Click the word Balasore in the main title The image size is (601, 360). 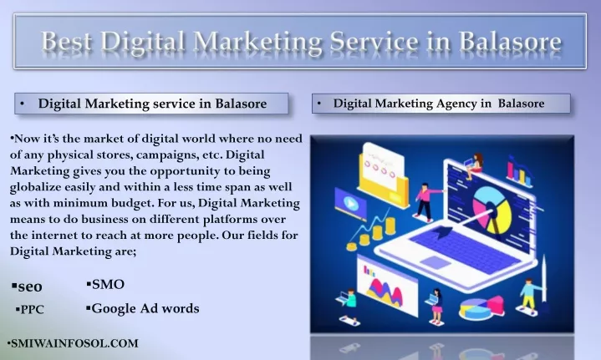510,41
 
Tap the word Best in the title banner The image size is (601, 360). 66,41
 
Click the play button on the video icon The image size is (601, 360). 350,203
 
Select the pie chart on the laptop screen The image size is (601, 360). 491,210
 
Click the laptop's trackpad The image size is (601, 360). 435,262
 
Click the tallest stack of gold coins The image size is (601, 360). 390,226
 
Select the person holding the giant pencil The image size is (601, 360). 529,295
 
